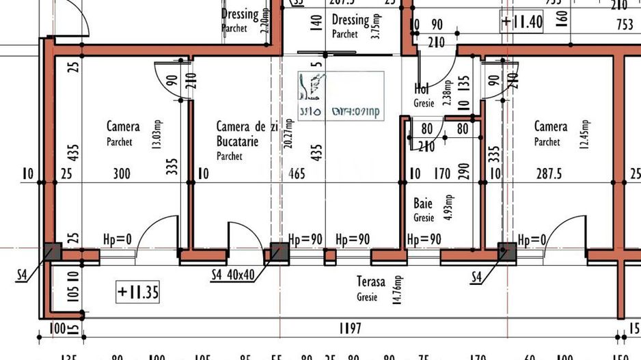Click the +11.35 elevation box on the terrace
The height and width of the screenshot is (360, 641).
(x=138, y=293)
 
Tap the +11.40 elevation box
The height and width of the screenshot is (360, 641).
(x=521, y=21)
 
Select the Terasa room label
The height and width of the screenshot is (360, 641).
(x=370, y=281)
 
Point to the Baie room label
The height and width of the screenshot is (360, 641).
(x=423, y=204)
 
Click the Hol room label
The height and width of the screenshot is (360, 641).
(x=422, y=89)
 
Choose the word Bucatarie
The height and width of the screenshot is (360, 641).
(x=237, y=142)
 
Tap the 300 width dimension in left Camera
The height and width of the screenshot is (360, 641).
(x=121, y=174)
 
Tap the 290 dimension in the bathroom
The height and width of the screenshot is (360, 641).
(x=464, y=171)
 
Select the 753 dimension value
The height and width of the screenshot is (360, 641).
(x=625, y=25)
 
